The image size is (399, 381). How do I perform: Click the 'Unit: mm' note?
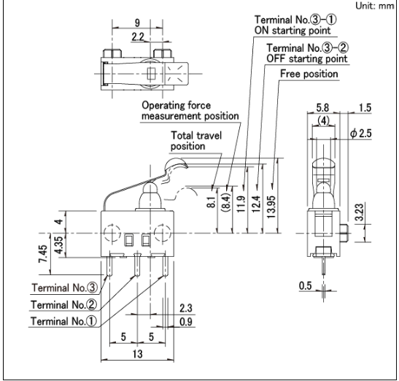click(375, 6)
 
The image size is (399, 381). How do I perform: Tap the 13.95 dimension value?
click(271, 207)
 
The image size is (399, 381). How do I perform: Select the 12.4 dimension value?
click(256, 204)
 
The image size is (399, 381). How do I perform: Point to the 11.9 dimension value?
click(241, 204)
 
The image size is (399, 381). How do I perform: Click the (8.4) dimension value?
click(226, 202)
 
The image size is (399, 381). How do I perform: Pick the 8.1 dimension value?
click(212, 202)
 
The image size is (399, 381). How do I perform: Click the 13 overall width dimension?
click(137, 354)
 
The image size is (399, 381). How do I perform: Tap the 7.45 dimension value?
click(43, 254)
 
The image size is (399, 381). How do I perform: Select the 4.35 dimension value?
click(58, 245)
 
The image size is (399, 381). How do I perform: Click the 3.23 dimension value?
click(360, 212)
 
